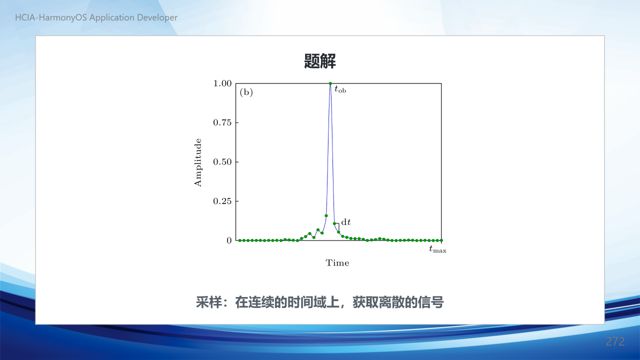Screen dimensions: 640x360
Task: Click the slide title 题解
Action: click(x=319, y=61)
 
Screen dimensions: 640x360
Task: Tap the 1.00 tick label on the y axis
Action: click(x=222, y=83)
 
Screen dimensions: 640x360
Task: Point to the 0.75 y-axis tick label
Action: click(x=222, y=122)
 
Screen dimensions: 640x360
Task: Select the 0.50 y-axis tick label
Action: click(x=222, y=162)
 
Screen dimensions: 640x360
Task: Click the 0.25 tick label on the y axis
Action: click(x=222, y=201)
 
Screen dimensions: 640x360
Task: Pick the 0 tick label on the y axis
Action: click(x=229, y=240)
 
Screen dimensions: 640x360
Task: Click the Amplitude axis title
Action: click(x=197, y=162)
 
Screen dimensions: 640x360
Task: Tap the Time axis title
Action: click(x=337, y=263)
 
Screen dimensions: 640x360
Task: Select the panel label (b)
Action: click(x=246, y=92)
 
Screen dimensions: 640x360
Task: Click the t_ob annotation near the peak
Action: click(x=340, y=89)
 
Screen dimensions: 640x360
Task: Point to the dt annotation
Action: click(x=346, y=222)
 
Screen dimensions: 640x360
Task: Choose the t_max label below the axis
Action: click(x=437, y=249)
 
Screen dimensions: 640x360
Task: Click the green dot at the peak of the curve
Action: click(x=330, y=83)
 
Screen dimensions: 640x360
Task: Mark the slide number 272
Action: click(x=615, y=341)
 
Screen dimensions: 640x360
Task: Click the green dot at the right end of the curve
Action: click(x=441, y=240)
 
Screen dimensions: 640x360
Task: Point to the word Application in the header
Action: click(x=112, y=17)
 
